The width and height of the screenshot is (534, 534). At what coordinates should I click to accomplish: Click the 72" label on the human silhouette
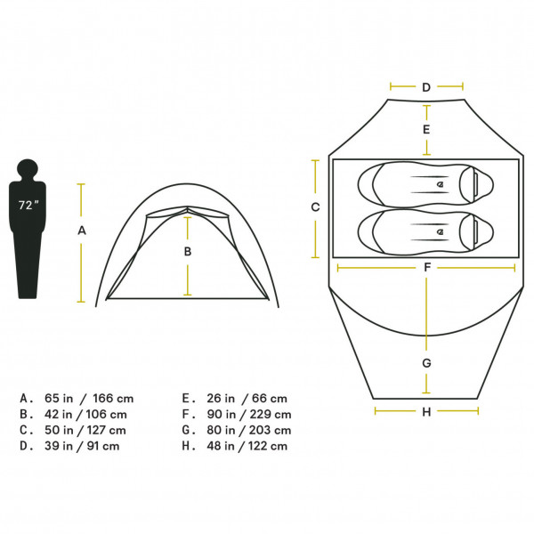point(28,205)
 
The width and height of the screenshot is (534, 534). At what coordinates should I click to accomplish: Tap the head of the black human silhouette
point(28,168)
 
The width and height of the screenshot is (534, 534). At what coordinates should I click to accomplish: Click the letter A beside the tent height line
point(82,231)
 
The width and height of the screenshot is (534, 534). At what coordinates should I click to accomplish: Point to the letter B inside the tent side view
point(188,251)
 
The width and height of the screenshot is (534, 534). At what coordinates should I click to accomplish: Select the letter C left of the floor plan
point(315,207)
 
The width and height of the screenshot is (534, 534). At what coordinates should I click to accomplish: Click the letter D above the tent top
point(426,87)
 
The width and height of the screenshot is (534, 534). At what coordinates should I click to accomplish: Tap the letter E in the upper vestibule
point(426,129)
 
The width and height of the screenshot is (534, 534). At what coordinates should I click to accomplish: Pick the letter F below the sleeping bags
point(427,268)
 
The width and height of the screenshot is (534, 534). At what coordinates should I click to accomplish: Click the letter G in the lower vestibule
point(426,363)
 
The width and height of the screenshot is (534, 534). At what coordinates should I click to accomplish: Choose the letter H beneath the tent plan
point(426,412)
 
